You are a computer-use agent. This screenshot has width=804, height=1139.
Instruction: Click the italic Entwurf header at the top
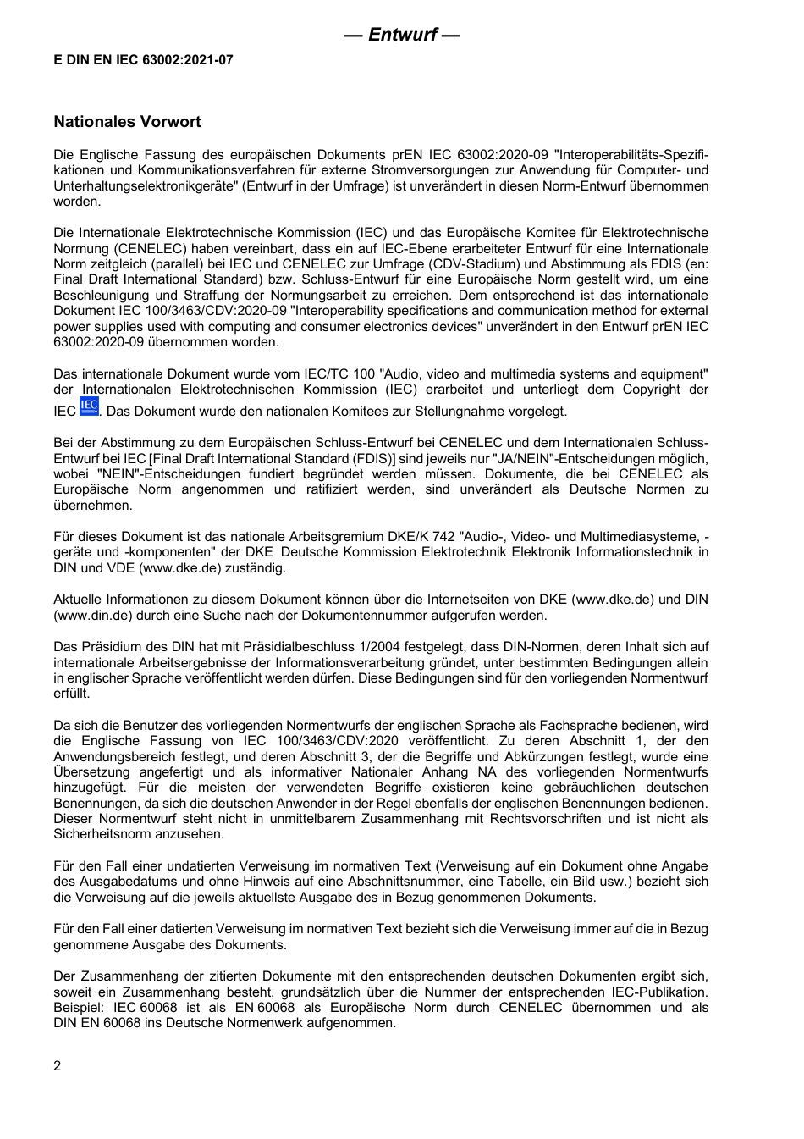tap(402, 35)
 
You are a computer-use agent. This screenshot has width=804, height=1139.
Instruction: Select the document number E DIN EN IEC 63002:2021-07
tap(143, 60)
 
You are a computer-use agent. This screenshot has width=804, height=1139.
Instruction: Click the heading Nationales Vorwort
tap(127, 122)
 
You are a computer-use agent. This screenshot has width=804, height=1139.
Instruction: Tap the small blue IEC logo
tap(89, 406)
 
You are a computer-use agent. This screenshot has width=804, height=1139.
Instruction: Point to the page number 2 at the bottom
tap(58, 1066)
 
